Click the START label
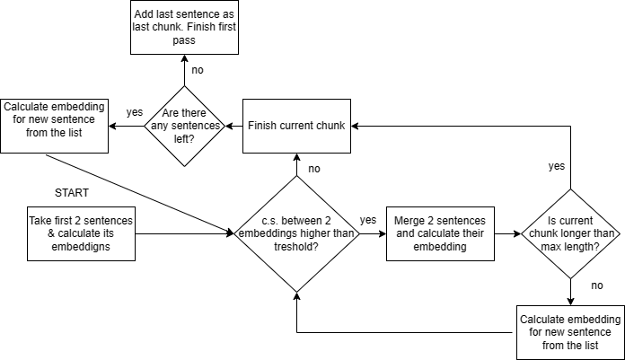pyautogui.click(x=73, y=192)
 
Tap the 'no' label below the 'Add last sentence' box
pyautogui.click(x=197, y=70)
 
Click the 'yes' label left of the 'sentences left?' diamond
pyautogui.click(x=135, y=112)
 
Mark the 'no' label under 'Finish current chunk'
pyautogui.click(x=315, y=169)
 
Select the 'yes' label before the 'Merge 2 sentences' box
pyautogui.click(x=368, y=220)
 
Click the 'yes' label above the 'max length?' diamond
pyautogui.click(x=556, y=166)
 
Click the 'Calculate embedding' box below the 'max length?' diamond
pyautogui.click(x=570, y=331)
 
